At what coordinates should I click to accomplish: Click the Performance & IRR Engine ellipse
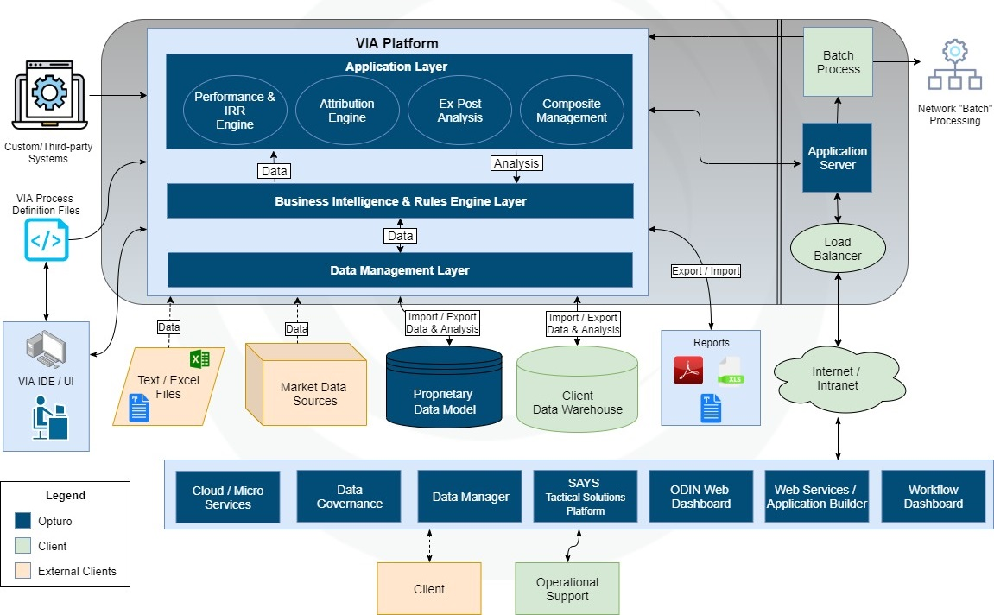[235, 111]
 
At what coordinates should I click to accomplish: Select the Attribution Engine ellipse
[347, 111]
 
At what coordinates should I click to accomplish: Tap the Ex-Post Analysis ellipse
[459, 111]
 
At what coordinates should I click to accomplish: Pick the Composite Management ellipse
[572, 111]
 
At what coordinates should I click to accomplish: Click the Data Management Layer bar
[400, 270]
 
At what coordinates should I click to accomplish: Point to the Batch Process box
[838, 62]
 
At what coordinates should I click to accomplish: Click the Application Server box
[838, 158]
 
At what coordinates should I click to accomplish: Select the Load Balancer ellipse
[838, 249]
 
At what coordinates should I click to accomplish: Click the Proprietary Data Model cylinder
[444, 388]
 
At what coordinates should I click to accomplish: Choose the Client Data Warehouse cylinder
[577, 389]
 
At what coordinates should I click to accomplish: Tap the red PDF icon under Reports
[688, 371]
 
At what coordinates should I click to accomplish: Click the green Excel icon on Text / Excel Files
[200, 358]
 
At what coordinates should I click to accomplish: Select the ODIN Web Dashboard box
[700, 497]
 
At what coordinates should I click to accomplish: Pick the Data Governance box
[349, 497]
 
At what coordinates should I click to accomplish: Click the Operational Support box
[567, 589]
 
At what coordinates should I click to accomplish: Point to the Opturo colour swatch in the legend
[23, 521]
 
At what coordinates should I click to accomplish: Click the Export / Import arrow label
[706, 270]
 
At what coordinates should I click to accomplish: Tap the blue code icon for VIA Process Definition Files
[46, 240]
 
